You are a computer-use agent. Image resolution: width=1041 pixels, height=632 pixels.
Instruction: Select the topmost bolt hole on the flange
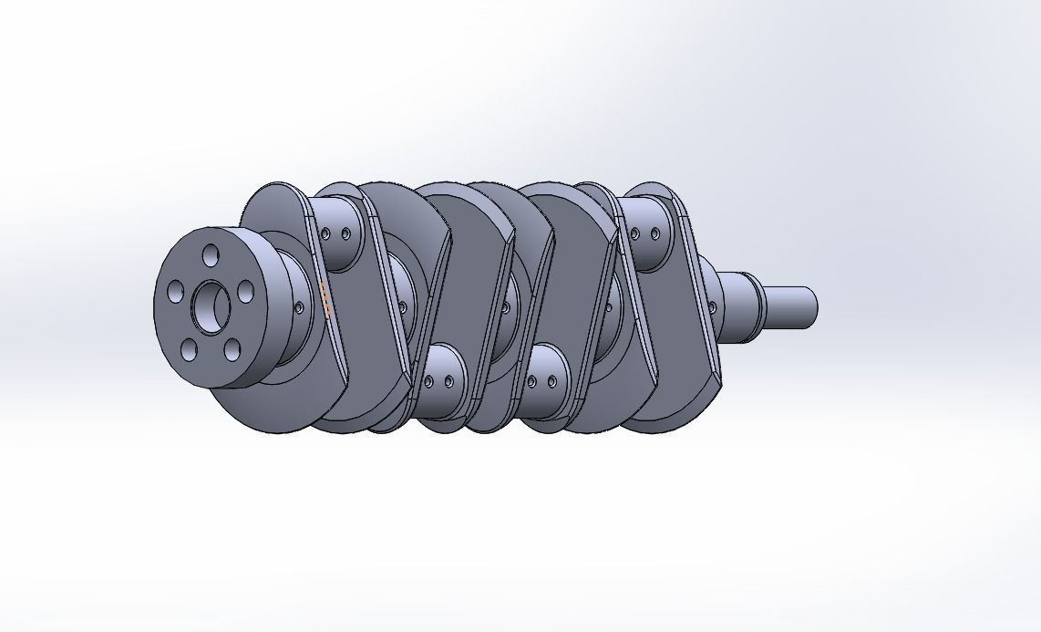point(211,254)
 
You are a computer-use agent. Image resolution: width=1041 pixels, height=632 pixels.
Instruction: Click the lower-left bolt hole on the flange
point(189,348)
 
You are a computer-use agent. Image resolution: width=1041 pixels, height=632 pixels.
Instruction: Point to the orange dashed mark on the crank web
point(325,299)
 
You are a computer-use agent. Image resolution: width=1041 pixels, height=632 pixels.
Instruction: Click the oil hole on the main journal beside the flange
point(299,307)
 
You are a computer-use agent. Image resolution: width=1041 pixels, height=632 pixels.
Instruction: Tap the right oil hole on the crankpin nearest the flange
point(346,234)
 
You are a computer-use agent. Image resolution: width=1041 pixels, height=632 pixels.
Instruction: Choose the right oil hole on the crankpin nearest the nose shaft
point(655,235)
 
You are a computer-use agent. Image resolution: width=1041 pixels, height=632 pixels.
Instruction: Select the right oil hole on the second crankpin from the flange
point(448,382)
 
